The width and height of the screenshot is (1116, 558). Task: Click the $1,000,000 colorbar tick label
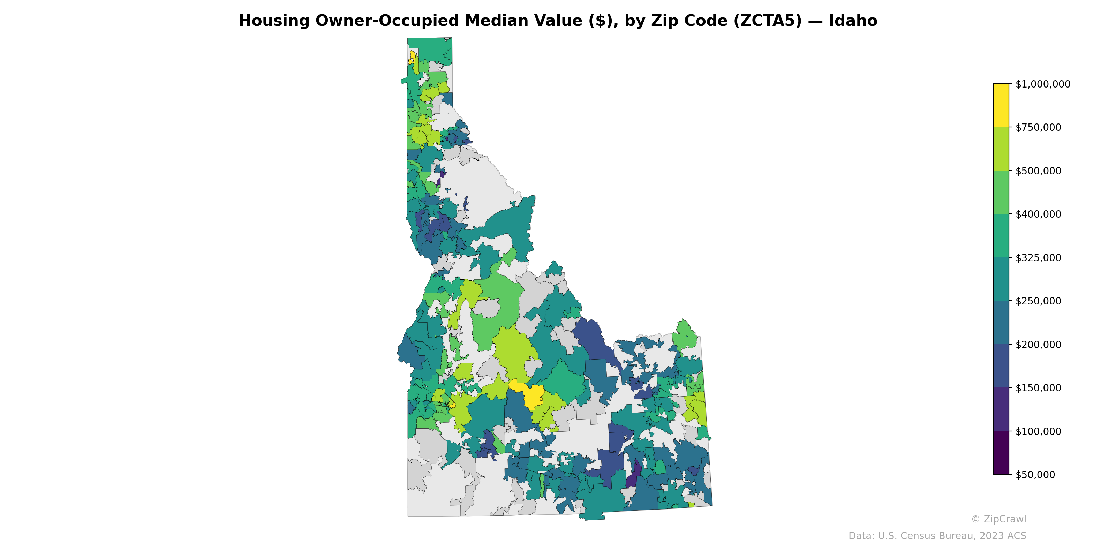pyautogui.click(x=1042, y=84)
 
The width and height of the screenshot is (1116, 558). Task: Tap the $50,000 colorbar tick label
pyautogui.click(x=1035, y=475)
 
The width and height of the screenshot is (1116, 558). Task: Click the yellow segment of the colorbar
pyautogui.click(x=1001, y=105)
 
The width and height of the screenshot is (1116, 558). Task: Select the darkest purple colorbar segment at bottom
pyautogui.click(x=1001, y=453)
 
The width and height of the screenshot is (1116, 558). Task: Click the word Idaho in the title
pyautogui.click(x=853, y=21)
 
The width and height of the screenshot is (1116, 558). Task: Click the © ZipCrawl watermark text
pyautogui.click(x=998, y=519)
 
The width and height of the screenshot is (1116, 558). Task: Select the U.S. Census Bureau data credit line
pyautogui.click(x=937, y=536)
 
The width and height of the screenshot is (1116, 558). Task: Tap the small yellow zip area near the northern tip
pyautogui.click(x=413, y=57)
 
